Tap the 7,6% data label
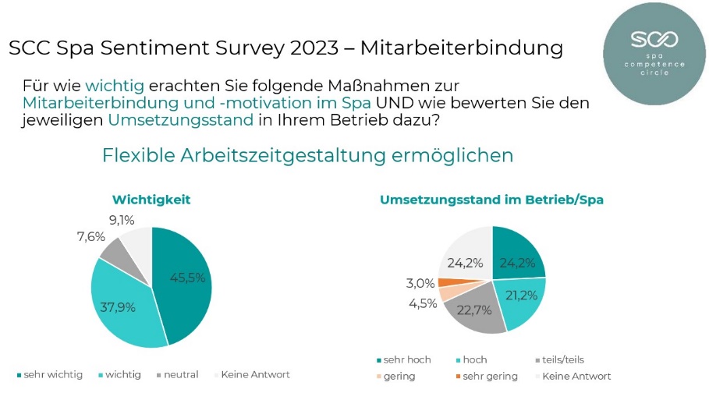[90, 237]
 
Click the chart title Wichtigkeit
[151, 200]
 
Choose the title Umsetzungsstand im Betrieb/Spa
[491, 200]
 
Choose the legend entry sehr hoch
[406, 359]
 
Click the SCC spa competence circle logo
[654, 53]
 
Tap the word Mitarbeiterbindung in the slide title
[463, 48]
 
